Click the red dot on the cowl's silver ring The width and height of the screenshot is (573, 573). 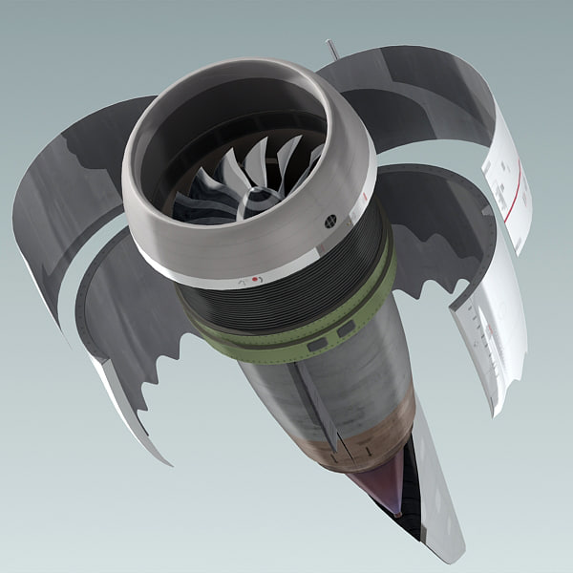254,279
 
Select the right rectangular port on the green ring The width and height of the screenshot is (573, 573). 345,328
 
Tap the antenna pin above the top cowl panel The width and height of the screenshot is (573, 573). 331,48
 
